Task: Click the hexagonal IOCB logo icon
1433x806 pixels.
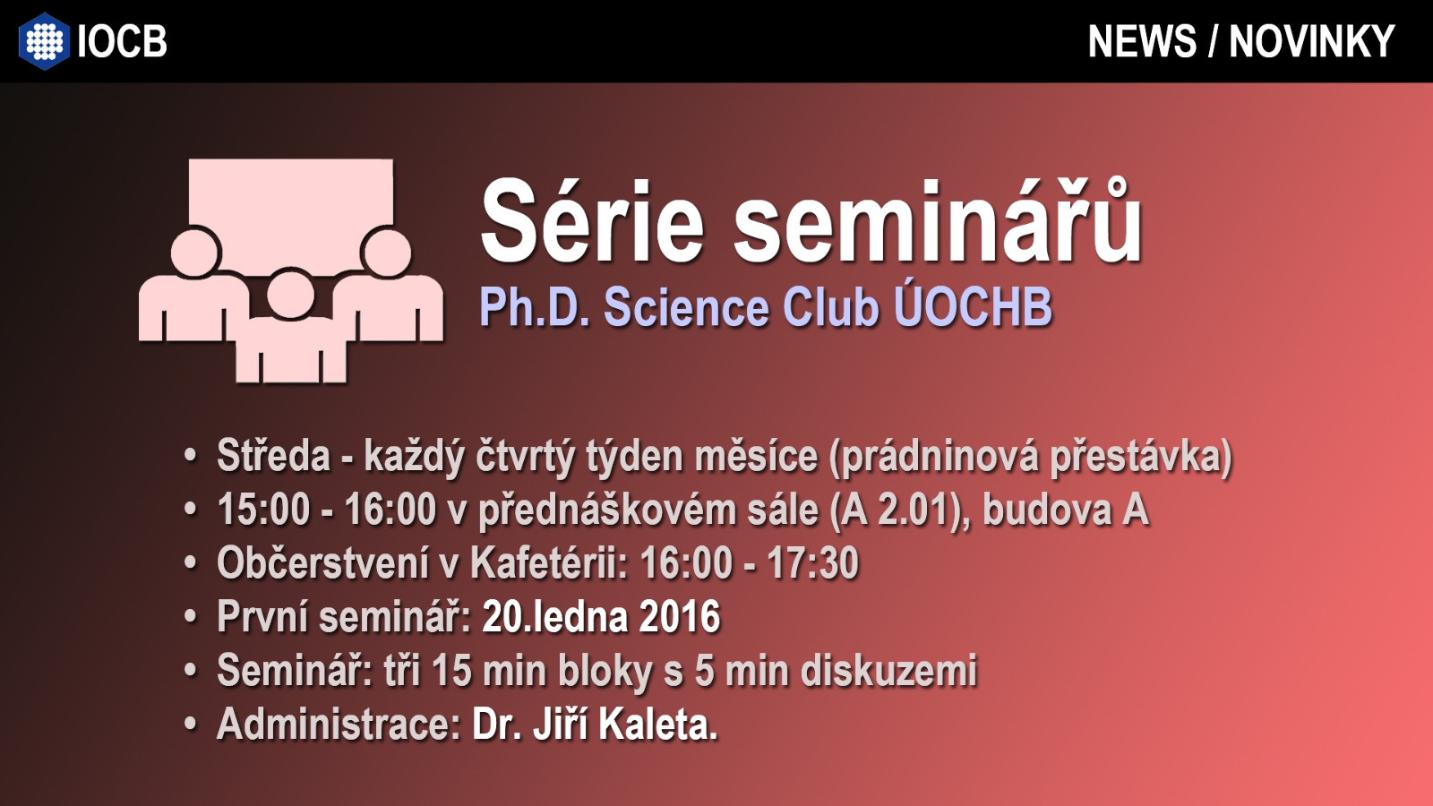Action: [x=44, y=41]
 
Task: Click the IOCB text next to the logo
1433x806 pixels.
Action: [x=122, y=41]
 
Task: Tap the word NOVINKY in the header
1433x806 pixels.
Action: [x=1311, y=41]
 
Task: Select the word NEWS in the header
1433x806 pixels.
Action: [x=1142, y=41]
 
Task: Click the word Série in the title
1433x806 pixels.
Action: [x=592, y=220]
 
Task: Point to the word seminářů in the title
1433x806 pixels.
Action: [x=938, y=220]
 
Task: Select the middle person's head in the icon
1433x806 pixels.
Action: [x=290, y=295]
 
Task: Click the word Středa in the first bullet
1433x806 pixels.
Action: [x=274, y=456]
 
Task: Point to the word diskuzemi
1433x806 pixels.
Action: [x=889, y=671]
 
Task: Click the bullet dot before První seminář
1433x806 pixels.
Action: [x=190, y=617]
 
